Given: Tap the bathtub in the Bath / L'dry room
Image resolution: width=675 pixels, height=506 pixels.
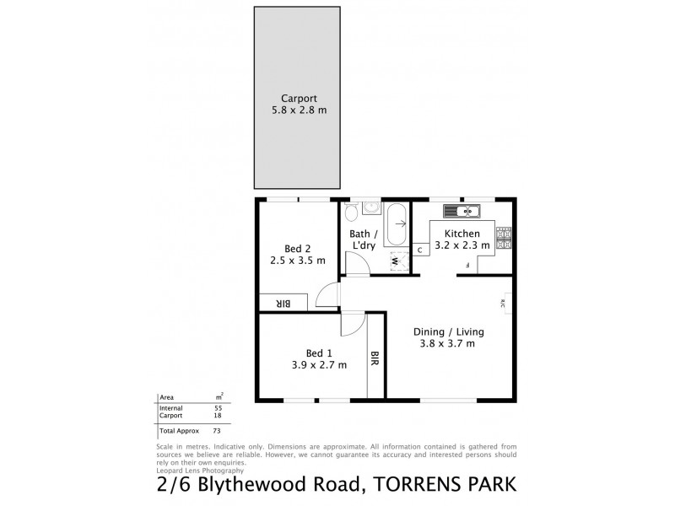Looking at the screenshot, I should (396, 224).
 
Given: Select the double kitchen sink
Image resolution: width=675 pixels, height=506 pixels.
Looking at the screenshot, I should (463, 210).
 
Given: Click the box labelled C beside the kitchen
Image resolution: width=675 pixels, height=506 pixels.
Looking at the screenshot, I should (419, 250).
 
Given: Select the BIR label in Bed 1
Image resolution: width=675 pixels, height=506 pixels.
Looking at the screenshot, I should (373, 359).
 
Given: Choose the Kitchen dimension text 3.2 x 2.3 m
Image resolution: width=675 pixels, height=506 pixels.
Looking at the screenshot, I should (463, 245).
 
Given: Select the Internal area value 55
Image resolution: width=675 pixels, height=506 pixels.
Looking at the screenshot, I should (218, 407).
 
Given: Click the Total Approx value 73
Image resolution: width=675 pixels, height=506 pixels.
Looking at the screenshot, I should (218, 431).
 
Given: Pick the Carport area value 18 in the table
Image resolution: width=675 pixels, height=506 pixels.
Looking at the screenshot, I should (218, 416).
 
